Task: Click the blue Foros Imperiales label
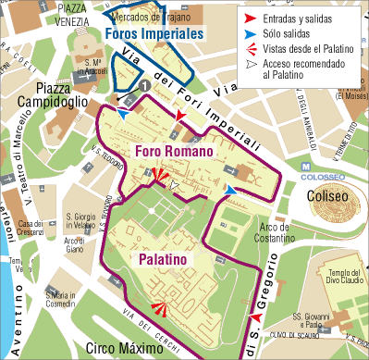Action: [x=154, y=33]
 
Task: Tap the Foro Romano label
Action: [x=175, y=151]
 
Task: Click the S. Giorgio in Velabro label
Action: [x=81, y=223]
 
